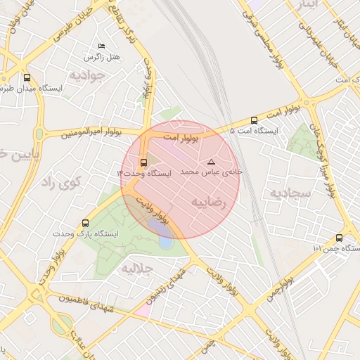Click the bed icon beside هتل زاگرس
coord(101,46)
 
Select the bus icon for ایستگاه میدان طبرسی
coord(27,77)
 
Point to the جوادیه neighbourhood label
coord(87,74)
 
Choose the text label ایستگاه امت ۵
coord(259,131)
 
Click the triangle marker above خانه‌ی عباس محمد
coord(211,162)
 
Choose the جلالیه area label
coord(136,268)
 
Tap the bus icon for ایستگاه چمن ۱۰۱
coord(340,238)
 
